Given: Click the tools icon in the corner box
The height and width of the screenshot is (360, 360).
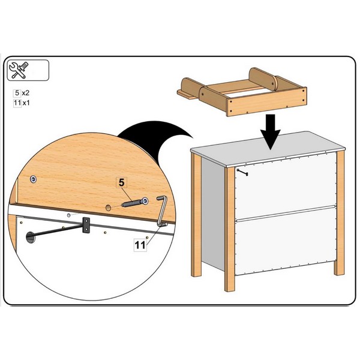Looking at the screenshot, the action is pos(19,70).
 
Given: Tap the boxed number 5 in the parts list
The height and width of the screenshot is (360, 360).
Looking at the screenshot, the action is pos(17,93).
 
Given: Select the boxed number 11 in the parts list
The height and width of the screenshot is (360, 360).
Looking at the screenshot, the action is pos(17,103).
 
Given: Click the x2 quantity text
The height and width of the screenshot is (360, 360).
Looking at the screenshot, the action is pos(26,93).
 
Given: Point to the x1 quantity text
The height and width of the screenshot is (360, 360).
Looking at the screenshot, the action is pos(26,103).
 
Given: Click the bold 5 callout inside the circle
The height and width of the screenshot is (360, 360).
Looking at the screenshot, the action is pos(121,183).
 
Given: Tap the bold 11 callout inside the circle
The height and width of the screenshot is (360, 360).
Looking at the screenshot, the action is pos(140,245).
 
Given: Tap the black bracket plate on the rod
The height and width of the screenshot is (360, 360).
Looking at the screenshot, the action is pos(86,225).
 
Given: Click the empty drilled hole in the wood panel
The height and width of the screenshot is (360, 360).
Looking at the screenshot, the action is pos(108,208).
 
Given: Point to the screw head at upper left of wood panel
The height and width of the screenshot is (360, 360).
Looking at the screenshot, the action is pos(34,179).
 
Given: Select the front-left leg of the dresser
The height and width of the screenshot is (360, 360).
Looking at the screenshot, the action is pos(230,229).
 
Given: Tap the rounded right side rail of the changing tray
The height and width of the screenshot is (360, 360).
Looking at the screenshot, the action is pos(263,79).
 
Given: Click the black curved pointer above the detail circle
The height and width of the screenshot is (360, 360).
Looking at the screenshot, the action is pos(152,139).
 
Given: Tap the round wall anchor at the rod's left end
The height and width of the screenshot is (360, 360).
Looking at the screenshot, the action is pos(31,238).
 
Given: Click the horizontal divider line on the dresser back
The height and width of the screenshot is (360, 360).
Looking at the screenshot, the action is pos(286,214).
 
